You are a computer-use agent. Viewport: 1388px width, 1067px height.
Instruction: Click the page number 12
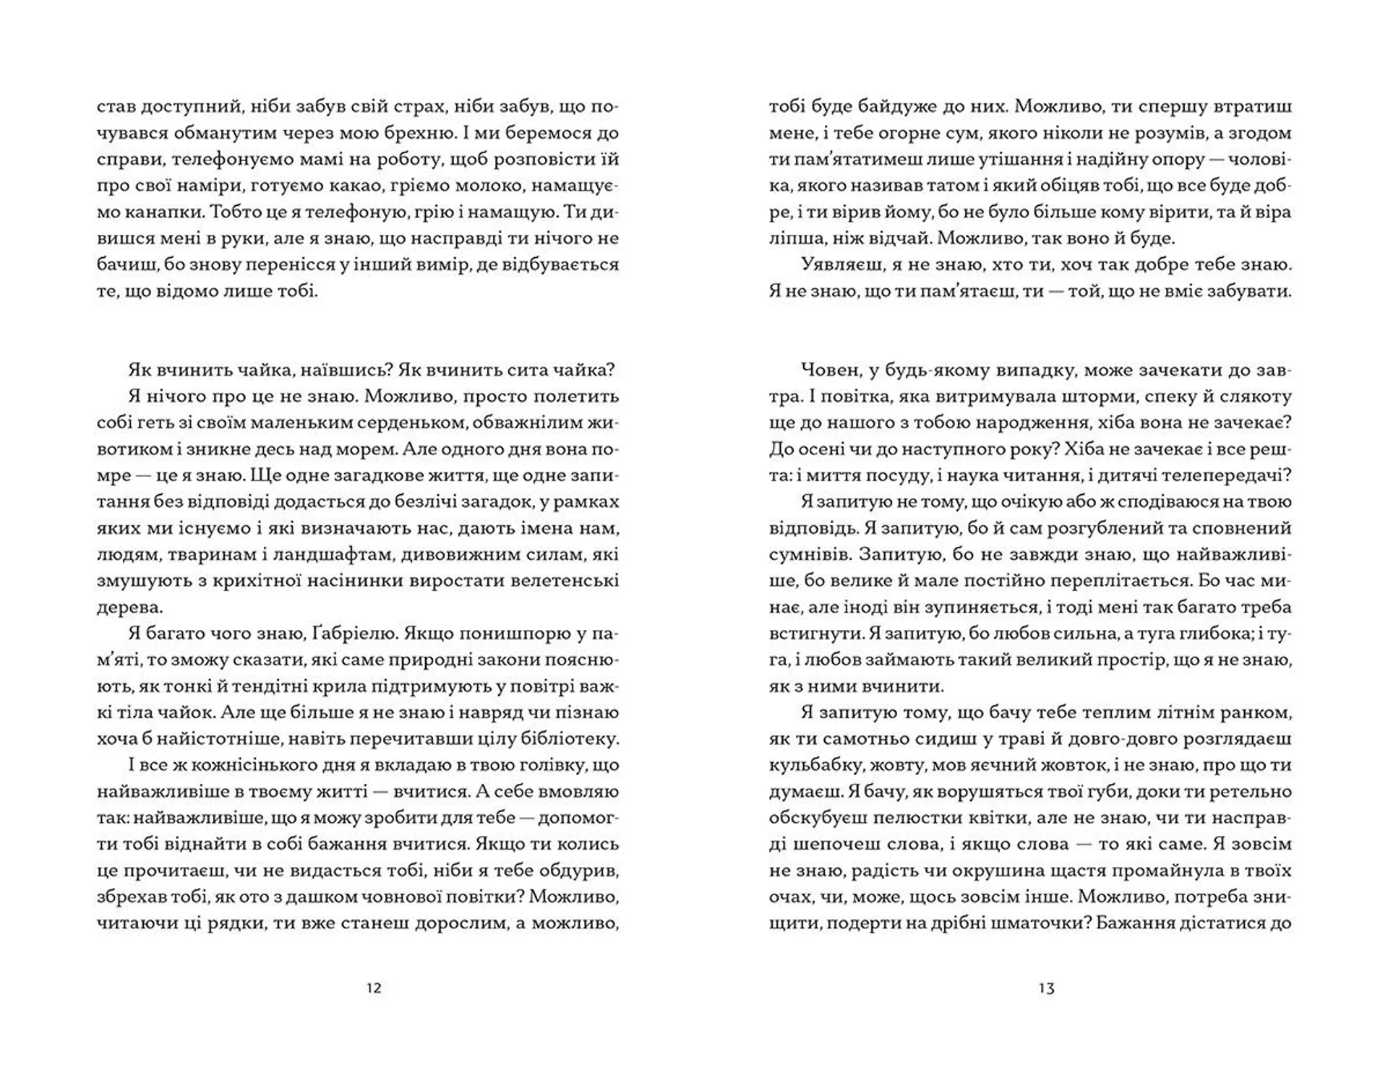(x=374, y=988)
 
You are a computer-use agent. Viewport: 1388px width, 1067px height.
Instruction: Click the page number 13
(x=1046, y=988)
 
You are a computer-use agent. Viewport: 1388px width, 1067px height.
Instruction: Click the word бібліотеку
(x=570, y=739)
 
